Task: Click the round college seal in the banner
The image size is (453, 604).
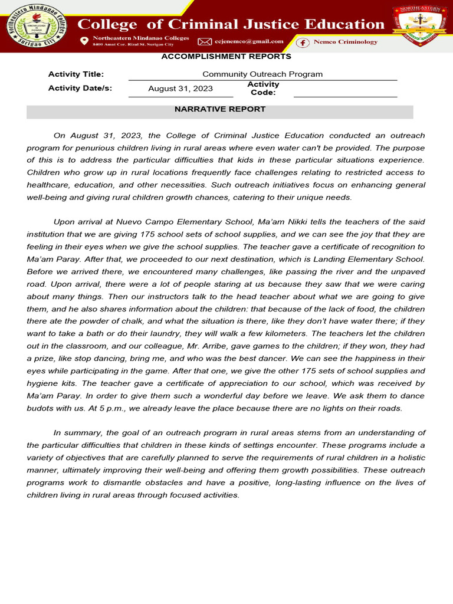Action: coord(37,27)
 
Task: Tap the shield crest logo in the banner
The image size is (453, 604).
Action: coord(419,27)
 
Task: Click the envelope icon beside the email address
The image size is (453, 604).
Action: coord(204,42)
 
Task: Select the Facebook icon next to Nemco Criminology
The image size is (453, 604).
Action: coord(303,42)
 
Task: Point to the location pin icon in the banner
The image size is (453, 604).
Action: coord(84,41)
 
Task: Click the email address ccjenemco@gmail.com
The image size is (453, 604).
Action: coord(250,42)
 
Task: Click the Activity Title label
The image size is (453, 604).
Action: coord(76,74)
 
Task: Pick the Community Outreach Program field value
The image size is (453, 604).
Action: coord(262,74)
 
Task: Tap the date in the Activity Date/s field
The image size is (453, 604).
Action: coord(180,89)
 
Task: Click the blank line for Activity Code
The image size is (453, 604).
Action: coord(345,93)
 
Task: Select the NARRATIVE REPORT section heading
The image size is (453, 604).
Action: coord(220,110)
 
